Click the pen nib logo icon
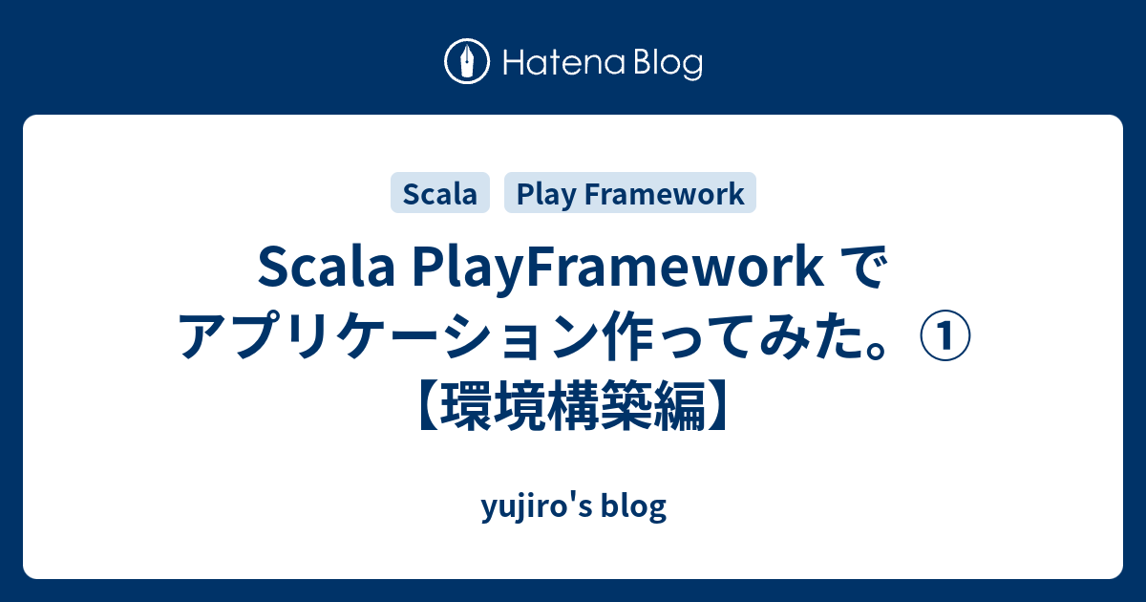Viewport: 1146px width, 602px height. (467, 63)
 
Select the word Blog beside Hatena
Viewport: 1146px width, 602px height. (667, 64)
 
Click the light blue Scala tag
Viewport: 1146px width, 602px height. (439, 193)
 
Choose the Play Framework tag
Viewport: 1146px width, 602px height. (630, 193)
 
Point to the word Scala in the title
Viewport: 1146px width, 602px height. (320, 270)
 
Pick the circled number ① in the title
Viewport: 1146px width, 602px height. (945, 340)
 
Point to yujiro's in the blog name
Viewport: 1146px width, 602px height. (532, 507)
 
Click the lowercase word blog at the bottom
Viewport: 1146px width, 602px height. (633, 507)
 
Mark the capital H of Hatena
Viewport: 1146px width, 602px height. (511, 64)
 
